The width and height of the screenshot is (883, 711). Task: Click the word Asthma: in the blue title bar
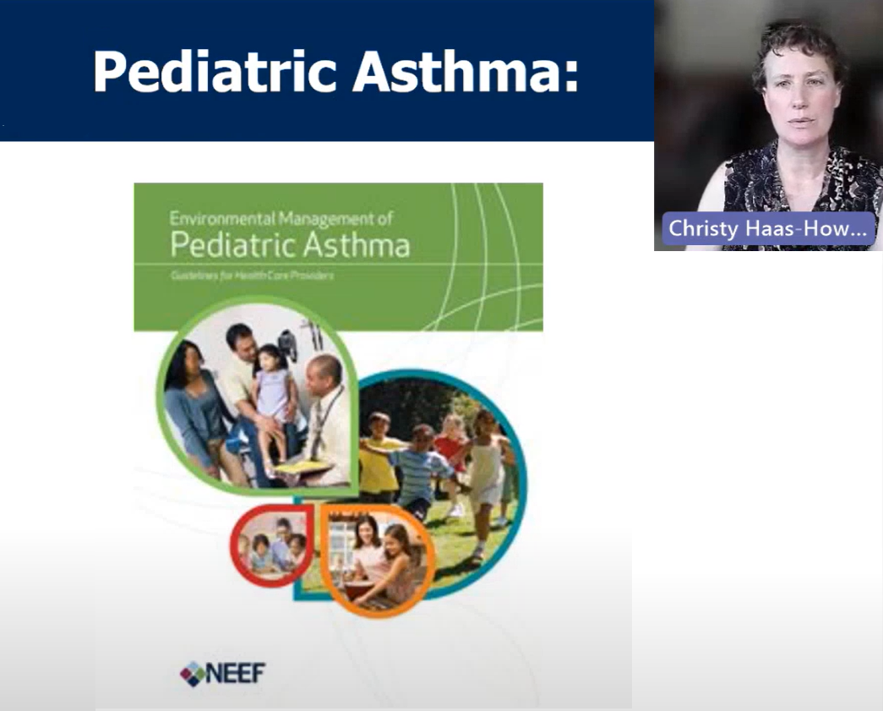466,71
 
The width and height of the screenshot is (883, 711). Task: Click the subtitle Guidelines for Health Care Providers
251,276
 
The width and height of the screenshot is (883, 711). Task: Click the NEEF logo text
237,673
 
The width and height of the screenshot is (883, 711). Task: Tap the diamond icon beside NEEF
192,673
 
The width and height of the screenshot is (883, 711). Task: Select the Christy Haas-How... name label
767,228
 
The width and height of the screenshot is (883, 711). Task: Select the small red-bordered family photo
269,545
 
